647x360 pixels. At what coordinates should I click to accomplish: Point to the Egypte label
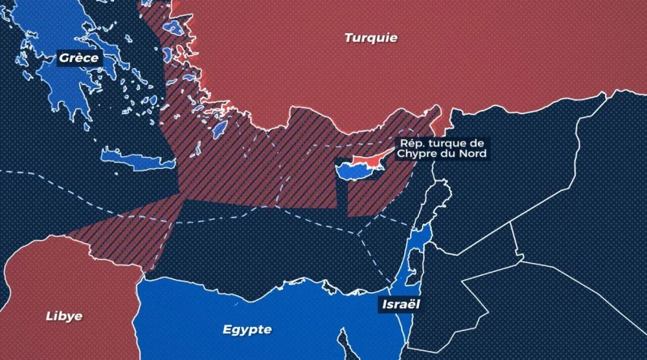247,329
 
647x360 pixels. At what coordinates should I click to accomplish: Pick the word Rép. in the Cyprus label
408,143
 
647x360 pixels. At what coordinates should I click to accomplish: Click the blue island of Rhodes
218,129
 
